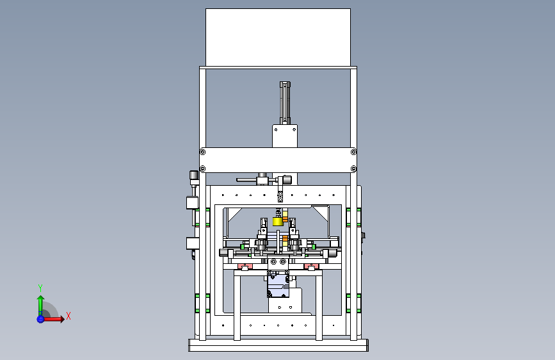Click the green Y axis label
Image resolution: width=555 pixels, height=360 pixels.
coord(40,288)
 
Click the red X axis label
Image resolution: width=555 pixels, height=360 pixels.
coord(68,316)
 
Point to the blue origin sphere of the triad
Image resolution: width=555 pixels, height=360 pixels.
coord(40,319)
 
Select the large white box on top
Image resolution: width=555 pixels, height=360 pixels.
coord(278,37)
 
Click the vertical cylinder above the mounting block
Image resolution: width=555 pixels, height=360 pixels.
coord(285,102)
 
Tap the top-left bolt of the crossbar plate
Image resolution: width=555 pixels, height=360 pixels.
coord(203,152)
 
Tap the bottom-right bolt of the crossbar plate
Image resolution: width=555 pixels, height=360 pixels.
coord(353,168)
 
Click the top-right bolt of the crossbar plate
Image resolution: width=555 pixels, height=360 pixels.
coord(353,152)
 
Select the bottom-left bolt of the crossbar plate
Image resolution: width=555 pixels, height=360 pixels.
coord(203,168)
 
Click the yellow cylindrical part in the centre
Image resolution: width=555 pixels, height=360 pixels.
coord(278,222)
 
